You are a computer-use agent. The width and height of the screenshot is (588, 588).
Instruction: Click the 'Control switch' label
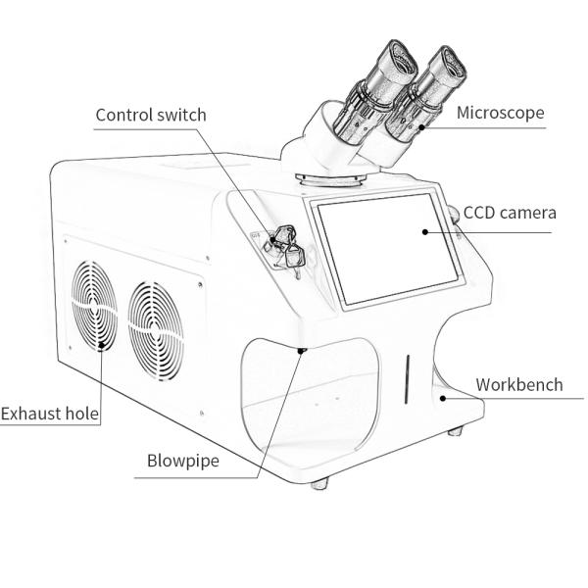click(x=151, y=115)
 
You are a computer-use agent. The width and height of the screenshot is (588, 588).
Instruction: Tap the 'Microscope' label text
click(x=500, y=113)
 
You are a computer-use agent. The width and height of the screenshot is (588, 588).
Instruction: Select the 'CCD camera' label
click(x=510, y=212)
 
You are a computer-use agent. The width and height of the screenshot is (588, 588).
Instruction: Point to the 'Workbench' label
click(x=519, y=383)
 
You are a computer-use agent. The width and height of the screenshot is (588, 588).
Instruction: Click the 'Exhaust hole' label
click(x=50, y=414)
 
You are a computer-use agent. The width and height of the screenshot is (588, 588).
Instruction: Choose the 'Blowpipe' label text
click(x=183, y=460)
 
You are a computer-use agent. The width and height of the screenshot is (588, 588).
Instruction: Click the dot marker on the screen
click(x=423, y=232)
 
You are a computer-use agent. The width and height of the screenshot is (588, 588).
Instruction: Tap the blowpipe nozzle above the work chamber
click(x=301, y=349)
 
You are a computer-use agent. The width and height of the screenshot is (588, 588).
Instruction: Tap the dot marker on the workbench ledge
click(x=443, y=398)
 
